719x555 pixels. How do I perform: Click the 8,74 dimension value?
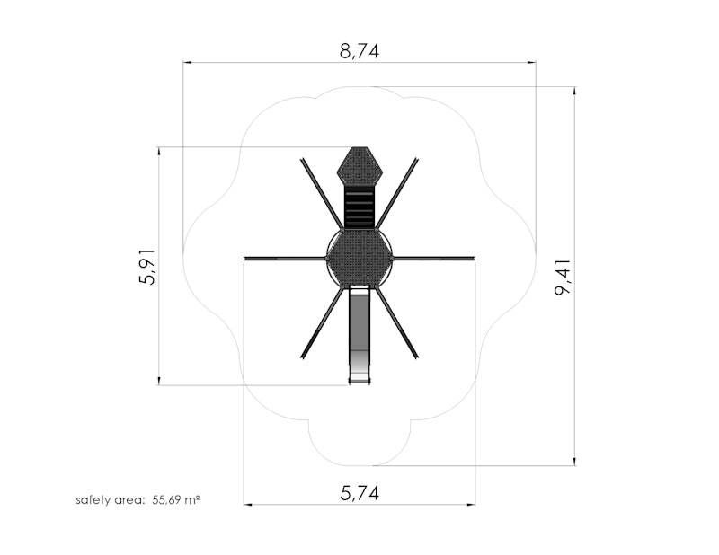click(x=359, y=51)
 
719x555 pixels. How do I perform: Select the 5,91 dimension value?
click(x=147, y=267)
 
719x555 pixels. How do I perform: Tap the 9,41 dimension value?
click(x=563, y=277)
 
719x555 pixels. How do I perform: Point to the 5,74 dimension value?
click(x=359, y=493)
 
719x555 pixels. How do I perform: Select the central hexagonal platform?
click(x=359, y=258)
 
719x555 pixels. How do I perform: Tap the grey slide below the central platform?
click(x=359, y=335)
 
